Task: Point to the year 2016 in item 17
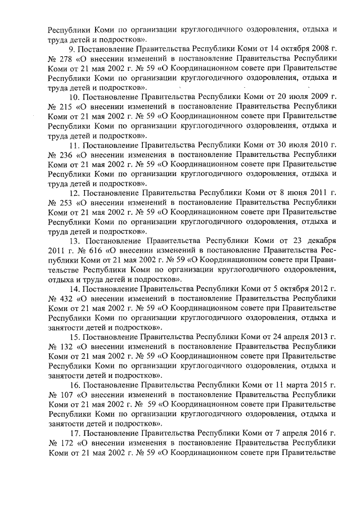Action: [x=319, y=430]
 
